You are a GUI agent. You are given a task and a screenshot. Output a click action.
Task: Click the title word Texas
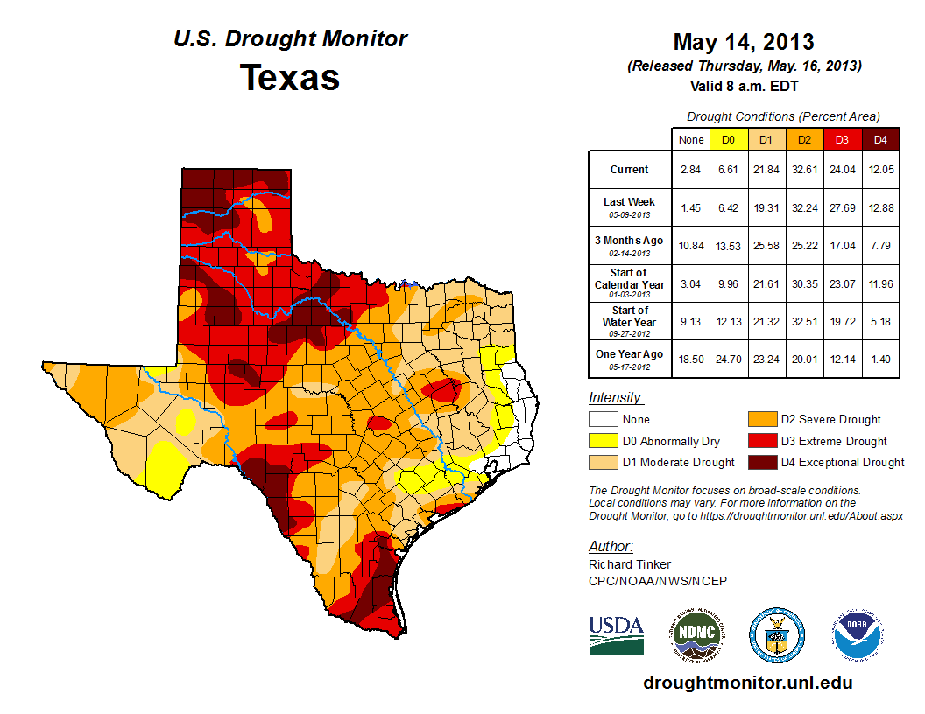tap(290, 78)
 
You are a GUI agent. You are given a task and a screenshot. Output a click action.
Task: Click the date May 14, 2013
tap(744, 42)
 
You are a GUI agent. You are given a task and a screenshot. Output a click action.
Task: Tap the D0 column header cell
tap(727, 139)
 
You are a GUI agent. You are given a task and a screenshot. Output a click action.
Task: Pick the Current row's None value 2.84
tap(690, 170)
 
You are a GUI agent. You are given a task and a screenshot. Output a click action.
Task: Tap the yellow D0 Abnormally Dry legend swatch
tap(602, 441)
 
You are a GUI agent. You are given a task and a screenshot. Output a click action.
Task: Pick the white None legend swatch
tap(602, 420)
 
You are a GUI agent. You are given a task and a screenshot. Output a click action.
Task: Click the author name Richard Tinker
tap(630, 564)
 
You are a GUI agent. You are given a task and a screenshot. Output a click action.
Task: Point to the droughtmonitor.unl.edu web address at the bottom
tap(747, 682)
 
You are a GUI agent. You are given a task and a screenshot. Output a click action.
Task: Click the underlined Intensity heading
tap(616, 398)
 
